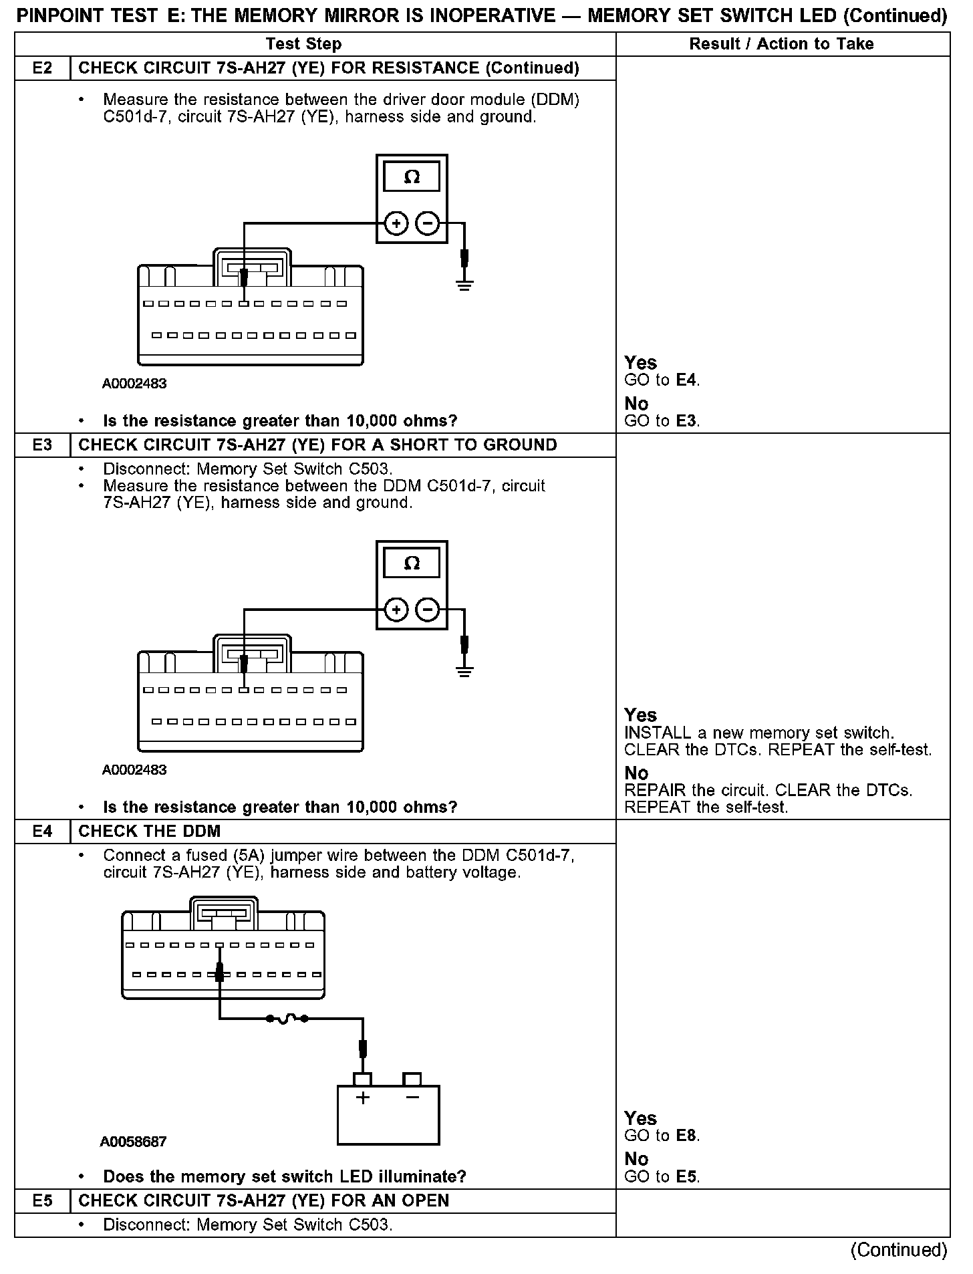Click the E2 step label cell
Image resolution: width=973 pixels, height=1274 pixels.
tap(42, 68)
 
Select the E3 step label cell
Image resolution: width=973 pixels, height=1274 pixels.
tap(42, 445)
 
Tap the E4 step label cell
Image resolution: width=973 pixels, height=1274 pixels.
tap(42, 831)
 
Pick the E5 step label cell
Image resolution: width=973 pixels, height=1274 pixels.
tap(42, 1200)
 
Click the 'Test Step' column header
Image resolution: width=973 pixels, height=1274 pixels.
tap(303, 44)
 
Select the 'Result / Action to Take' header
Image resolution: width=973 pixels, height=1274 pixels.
tap(781, 44)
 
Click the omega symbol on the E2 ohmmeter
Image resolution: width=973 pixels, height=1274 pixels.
tap(412, 177)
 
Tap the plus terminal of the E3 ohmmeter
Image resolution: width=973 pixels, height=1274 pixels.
tap(396, 610)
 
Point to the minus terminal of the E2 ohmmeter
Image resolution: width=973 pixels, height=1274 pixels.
tap(428, 223)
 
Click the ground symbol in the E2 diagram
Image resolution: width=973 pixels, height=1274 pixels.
tap(464, 285)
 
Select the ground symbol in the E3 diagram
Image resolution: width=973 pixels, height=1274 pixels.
tap(464, 671)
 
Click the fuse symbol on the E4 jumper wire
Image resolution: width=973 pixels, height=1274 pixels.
tap(287, 1019)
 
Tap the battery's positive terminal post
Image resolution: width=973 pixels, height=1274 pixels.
tap(362, 1079)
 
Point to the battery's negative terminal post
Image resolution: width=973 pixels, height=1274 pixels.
tap(412, 1079)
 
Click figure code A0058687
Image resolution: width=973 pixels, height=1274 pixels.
tap(133, 1142)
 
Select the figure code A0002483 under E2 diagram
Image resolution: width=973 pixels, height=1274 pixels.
tap(134, 384)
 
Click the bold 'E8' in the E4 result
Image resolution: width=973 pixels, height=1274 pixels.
tap(686, 1136)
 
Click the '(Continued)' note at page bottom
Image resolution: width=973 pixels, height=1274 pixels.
tap(898, 1250)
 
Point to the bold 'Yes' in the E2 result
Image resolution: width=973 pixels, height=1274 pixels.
tap(640, 363)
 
